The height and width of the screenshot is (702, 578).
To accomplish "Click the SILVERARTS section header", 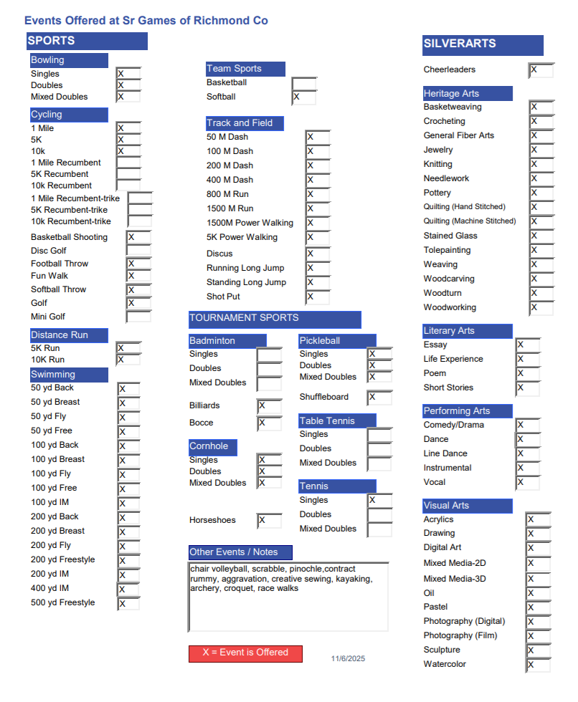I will point(482,44).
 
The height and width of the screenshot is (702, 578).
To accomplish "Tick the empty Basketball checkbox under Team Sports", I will point(303,84).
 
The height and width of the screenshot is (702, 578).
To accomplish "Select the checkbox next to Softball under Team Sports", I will point(303,97).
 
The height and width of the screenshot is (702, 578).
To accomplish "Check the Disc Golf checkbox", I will point(138,251).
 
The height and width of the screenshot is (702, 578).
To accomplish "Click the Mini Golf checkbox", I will point(138,317).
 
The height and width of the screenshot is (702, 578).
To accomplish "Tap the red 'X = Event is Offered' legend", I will point(245,653).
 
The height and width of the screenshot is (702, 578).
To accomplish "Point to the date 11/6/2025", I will point(348,659).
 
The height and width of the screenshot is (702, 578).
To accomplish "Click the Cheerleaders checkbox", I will point(541,70).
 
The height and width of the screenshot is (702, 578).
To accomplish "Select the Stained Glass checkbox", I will point(541,236).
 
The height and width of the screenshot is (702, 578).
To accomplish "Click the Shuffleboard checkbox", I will point(379,398).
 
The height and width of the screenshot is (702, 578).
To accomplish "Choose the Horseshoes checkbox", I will point(269,521).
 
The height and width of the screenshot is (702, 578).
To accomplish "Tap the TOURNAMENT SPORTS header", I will point(274,319).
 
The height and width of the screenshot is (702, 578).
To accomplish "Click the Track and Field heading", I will point(245,123).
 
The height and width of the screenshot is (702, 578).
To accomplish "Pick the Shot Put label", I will point(223,297).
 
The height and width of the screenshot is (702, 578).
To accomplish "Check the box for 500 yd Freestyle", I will point(128,603).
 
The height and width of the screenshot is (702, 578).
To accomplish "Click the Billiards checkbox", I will point(269,406).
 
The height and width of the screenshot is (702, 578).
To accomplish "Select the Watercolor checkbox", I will point(538,665).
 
